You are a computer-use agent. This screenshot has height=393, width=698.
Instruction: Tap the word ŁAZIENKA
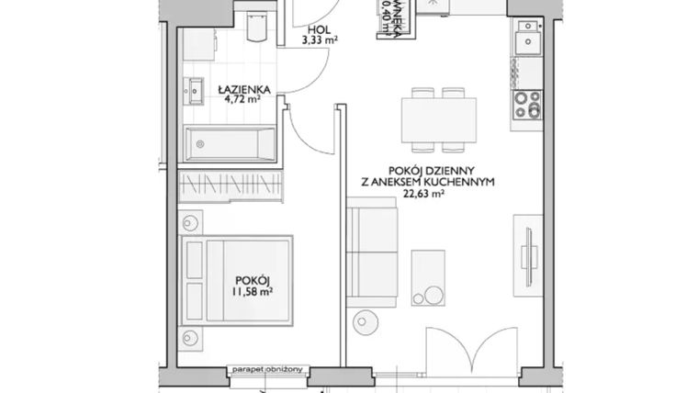pyautogui.click(x=242, y=89)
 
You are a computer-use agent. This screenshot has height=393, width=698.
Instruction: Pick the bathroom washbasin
pyautogui.click(x=197, y=89)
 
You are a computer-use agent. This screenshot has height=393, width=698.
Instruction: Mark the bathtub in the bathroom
pyautogui.click(x=231, y=145)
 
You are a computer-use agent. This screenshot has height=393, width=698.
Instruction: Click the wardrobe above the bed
pyautogui.click(x=229, y=184)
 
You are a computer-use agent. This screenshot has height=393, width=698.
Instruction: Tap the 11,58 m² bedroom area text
pyautogui.click(x=253, y=295)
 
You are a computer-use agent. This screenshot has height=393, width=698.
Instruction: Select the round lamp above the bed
pyautogui.click(x=191, y=221)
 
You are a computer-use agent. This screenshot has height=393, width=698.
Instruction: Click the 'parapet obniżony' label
pyautogui.click(x=272, y=369)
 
